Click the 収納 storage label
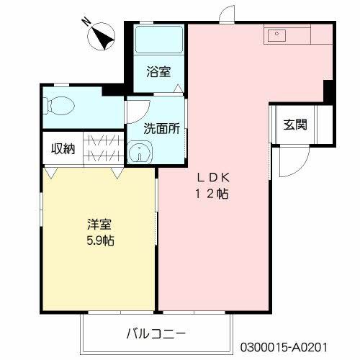click(63, 149)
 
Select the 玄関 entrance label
click(294, 124)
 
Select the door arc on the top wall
click(228, 12)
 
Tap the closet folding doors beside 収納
click(104, 149)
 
